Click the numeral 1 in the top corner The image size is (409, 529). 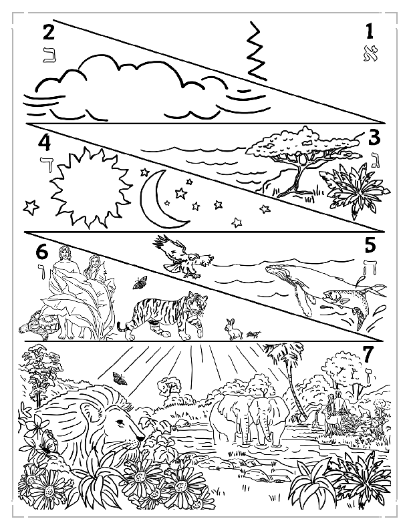tap(368, 31)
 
